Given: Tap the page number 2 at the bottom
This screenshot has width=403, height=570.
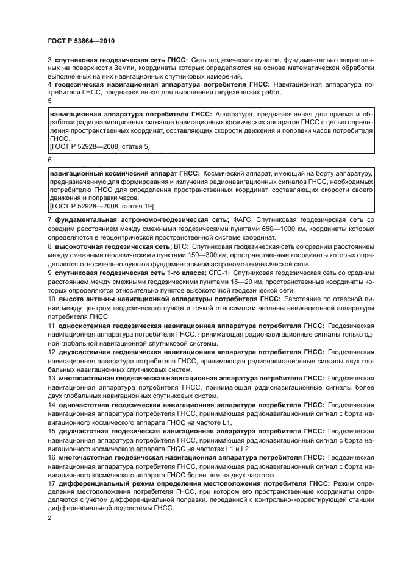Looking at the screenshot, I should tap(49, 517).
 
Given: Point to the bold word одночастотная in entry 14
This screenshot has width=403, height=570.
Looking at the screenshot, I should tap(85, 404).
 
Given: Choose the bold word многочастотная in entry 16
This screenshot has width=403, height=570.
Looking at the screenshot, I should tap(87, 457).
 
